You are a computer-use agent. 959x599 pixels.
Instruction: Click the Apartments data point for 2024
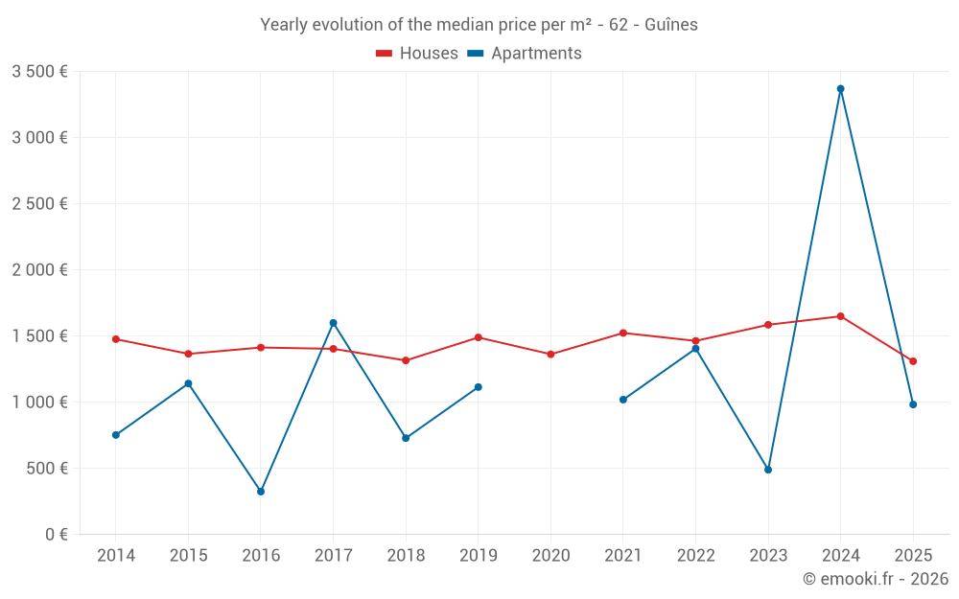click(841, 89)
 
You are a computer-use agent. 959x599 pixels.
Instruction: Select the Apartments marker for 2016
click(261, 492)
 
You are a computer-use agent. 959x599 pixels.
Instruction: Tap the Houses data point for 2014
click(116, 339)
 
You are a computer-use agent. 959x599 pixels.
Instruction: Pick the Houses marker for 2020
click(550, 355)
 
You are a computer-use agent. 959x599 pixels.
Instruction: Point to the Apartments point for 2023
click(768, 470)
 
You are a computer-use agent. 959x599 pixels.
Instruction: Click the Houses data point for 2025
click(913, 361)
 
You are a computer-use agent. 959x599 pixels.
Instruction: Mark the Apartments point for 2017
click(334, 323)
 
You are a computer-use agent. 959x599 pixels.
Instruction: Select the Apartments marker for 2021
click(623, 400)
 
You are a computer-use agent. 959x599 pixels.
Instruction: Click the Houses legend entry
click(417, 54)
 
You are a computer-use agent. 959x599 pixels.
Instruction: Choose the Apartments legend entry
click(526, 54)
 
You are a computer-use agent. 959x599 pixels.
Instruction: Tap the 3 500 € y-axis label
click(39, 72)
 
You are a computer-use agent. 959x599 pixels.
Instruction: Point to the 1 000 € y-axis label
click(39, 403)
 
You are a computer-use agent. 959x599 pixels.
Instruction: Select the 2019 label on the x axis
click(479, 556)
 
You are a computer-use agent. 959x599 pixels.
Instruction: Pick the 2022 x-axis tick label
click(695, 556)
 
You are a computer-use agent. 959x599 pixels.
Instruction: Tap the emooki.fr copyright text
click(876, 579)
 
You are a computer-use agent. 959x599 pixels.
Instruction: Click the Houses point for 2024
click(841, 316)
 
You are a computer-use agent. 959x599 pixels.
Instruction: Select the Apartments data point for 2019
click(479, 387)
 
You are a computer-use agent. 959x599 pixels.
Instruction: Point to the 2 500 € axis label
click(39, 204)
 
